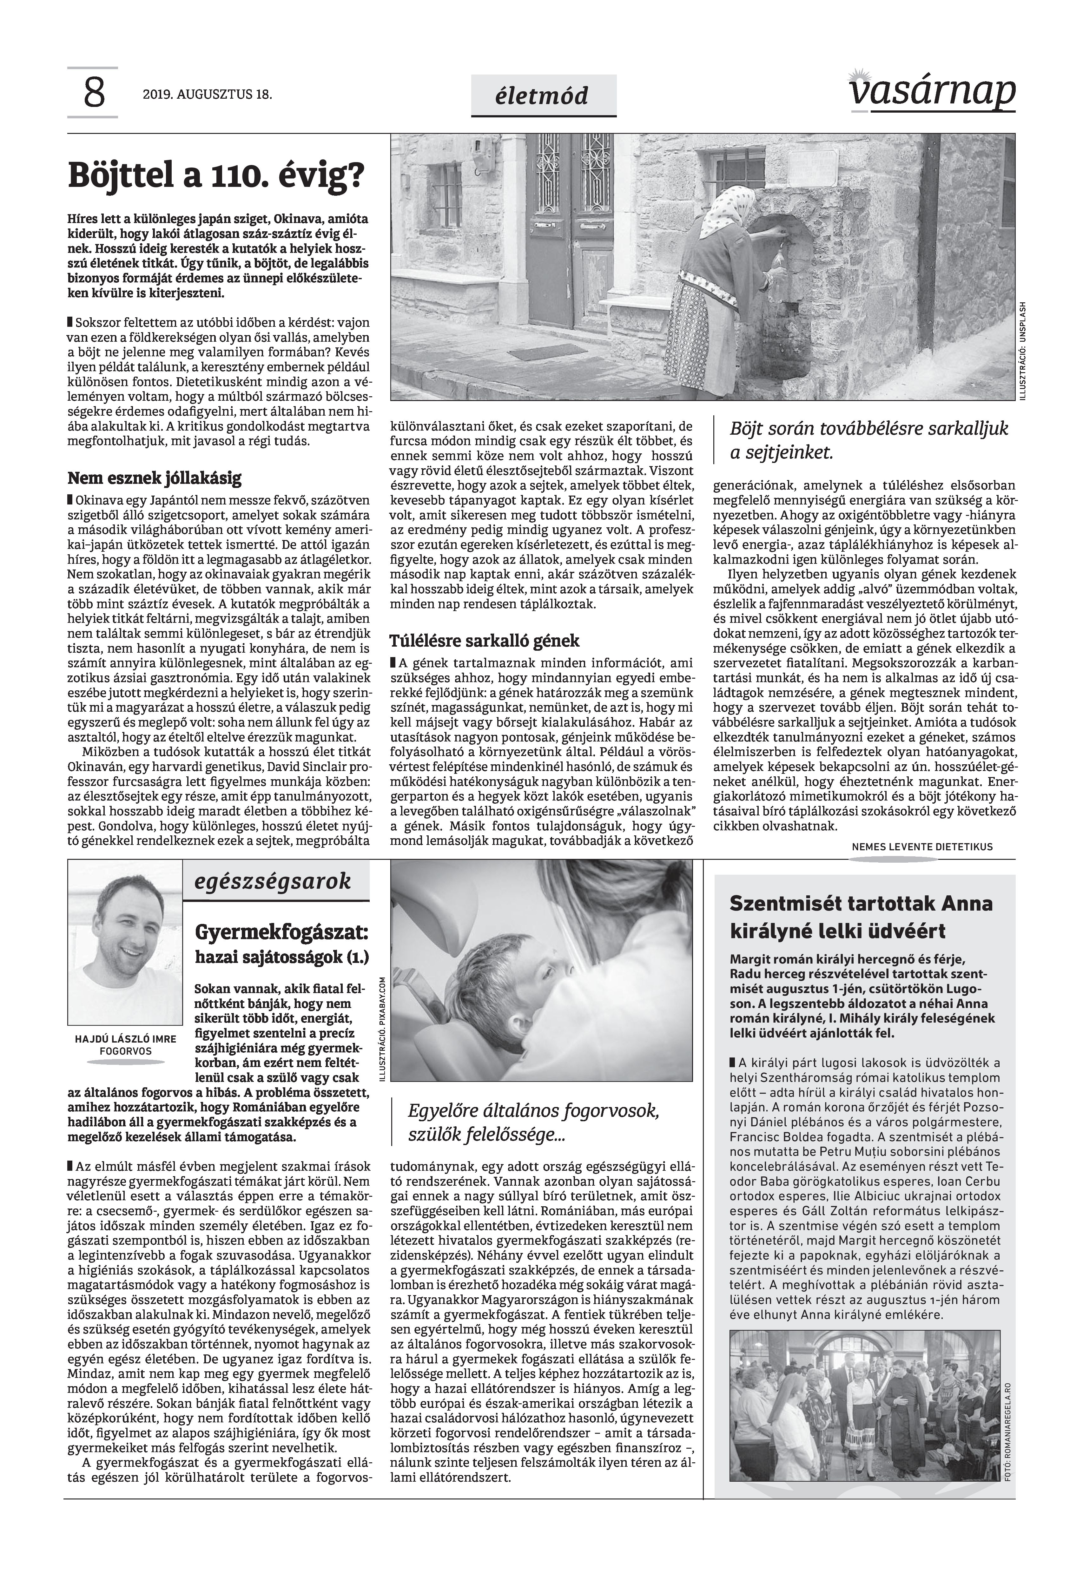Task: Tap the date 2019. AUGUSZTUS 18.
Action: [x=207, y=95]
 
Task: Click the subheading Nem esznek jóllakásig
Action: [x=154, y=478]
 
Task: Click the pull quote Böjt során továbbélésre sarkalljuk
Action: [x=868, y=429]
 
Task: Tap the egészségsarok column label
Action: [x=272, y=881]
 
